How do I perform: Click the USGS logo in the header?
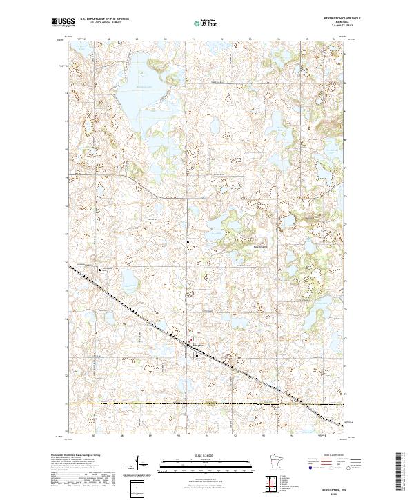[x=63, y=23]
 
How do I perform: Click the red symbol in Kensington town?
[x=191, y=340]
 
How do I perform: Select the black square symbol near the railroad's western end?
[x=100, y=270]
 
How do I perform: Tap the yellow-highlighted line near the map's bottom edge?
[x=207, y=403]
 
